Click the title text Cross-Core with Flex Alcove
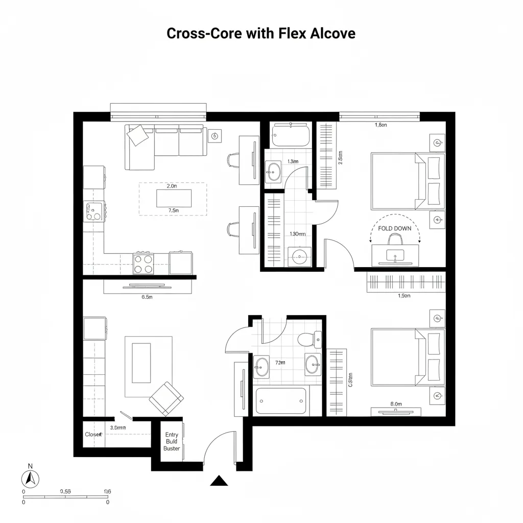coord(261,34)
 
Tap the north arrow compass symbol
coord(30,479)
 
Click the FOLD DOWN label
coord(394,228)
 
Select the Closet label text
coord(93,434)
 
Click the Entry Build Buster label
coord(172,441)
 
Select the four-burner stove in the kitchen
coord(144,264)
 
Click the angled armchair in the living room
coord(167,398)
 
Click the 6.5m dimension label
coord(147,297)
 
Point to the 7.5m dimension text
coord(173,210)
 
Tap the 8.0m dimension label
coord(396,404)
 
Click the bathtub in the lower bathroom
coord(281,401)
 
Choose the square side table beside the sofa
coord(215,135)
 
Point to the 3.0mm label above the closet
coord(118,427)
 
